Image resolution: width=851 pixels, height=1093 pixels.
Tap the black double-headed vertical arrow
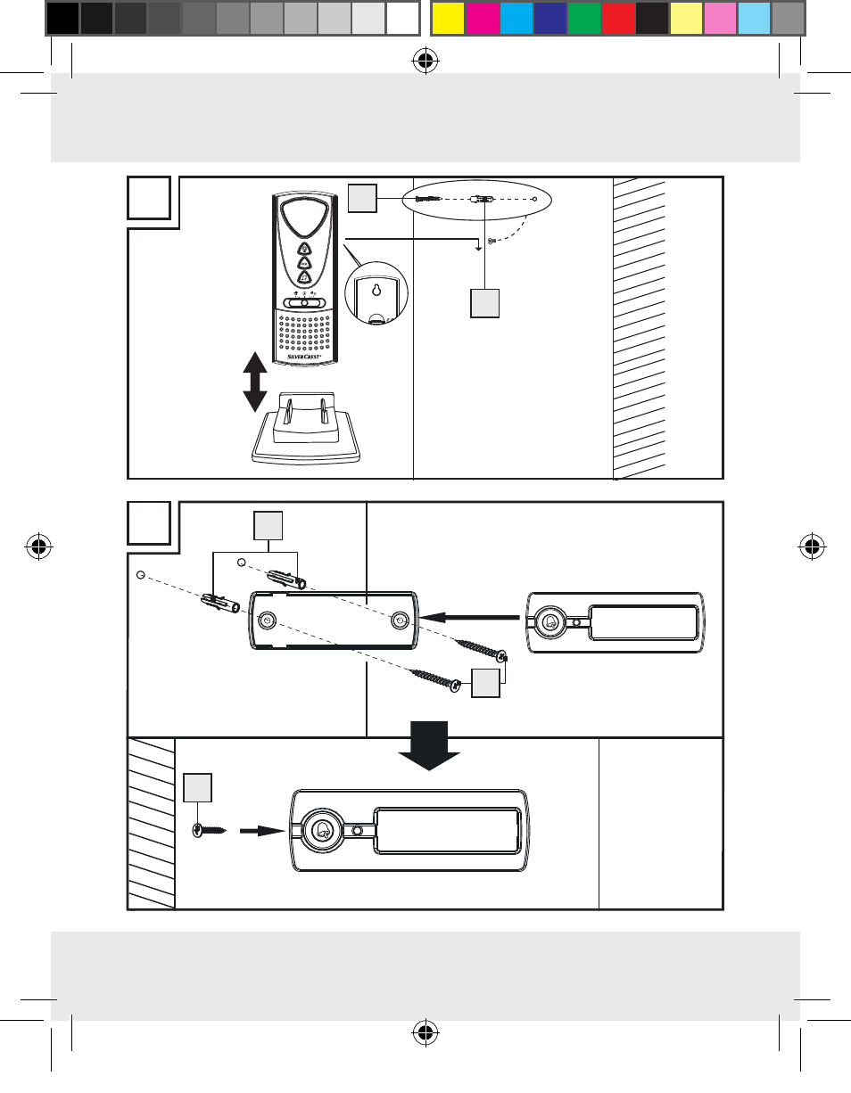[x=255, y=382]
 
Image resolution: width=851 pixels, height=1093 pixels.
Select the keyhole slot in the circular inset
[x=376, y=292]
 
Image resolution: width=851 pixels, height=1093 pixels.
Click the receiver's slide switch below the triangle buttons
[x=305, y=302]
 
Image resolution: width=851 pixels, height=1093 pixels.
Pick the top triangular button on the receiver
[x=305, y=249]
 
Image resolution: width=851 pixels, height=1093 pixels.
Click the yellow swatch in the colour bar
[x=447, y=17]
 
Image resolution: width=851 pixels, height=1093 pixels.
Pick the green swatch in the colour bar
[x=584, y=17]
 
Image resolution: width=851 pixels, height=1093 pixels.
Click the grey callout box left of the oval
[x=362, y=198]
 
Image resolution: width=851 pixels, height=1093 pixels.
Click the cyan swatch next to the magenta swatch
[x=516, y=17]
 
